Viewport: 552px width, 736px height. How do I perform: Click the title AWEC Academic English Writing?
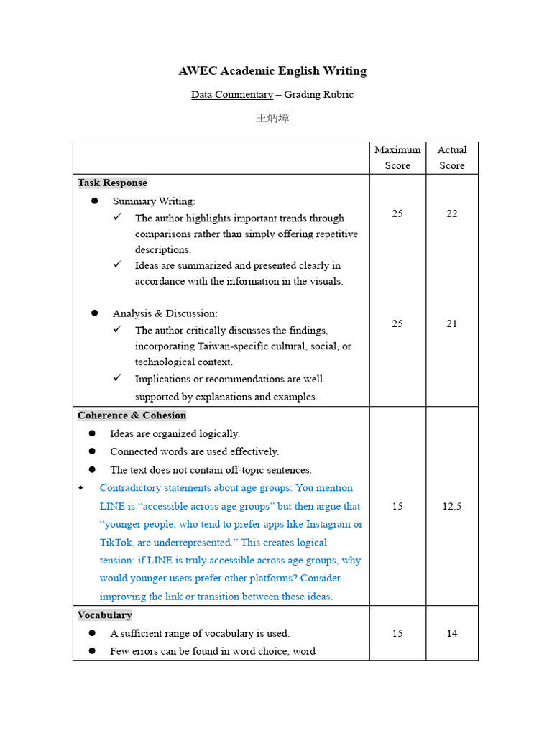(272, 70)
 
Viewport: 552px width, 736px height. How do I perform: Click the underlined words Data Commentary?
(231, 94)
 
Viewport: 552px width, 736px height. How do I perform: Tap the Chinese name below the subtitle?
(272, 118)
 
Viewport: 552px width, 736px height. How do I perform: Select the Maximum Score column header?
(397, 157)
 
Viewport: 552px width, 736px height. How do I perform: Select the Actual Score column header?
(451, 157)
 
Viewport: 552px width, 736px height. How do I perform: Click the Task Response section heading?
(112, 183)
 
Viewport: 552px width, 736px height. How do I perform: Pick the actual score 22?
(451, 213)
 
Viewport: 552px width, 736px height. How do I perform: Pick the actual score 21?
(451, 323)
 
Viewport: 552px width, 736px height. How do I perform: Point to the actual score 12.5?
(451, 506)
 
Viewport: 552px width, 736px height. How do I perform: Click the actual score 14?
(451, 633)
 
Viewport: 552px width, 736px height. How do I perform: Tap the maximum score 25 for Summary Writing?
(397, 213)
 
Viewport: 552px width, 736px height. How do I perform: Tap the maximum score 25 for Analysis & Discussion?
(397, 323)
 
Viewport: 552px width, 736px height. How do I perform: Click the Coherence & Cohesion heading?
(132, 415)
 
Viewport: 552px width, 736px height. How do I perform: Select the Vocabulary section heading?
(105, 615)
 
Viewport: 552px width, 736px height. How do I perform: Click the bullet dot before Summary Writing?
(94, 201)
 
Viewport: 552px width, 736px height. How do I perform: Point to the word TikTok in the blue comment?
(116, 543)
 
